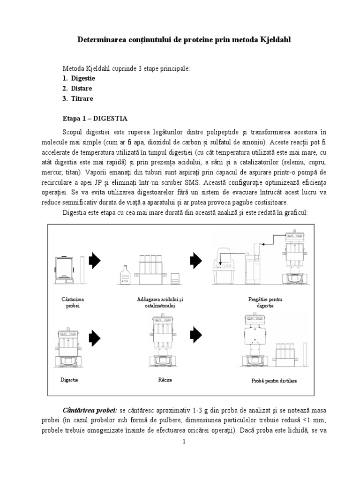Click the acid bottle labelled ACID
[125, 276]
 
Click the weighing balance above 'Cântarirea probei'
[66, 270]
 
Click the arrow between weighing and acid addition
[95, 261]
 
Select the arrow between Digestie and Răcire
[95, 336]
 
